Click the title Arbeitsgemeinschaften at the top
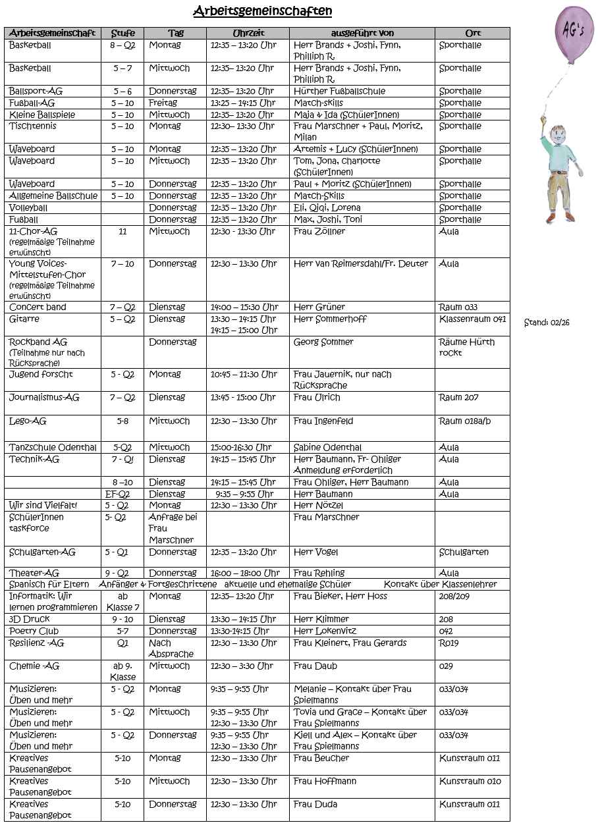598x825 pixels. (x=262, y=11)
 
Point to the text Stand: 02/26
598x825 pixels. (x=547, y=323)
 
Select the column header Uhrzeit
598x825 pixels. (x=248, y=33)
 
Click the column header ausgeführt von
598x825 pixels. (x=362, y=33)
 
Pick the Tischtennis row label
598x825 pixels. (x=33, y=126)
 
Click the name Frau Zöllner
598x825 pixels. (x=319, y=232)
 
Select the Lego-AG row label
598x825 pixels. (x=28, y=421)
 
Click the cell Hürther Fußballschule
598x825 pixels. (x=339, y=92)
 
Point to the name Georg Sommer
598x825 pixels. (x=323, y=342)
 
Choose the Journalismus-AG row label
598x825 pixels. (x=44, y=398)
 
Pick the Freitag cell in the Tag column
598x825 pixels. (x=163, y=103)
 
